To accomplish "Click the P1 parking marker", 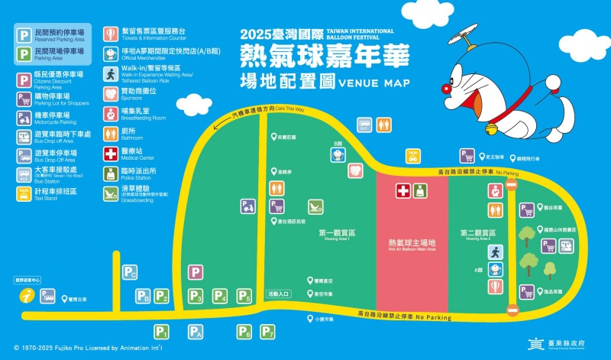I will click(161, 332).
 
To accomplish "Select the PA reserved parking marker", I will click(196, 332).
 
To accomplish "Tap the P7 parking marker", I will click(267, 332).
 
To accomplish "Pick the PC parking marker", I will click(131, 272).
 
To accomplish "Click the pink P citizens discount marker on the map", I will click(196, 272).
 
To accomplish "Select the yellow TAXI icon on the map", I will click(412, 155).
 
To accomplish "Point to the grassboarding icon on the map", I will click(314, 206).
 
